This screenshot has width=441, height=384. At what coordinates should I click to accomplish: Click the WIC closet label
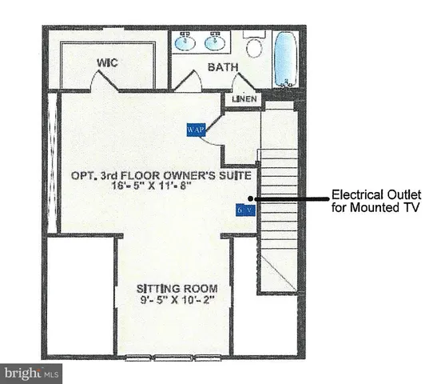coord(109,62)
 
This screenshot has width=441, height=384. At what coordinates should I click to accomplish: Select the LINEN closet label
coord(243,99)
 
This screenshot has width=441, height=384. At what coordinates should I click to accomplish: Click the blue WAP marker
coord(196,129)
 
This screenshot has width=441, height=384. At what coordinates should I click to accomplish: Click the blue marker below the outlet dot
coord(244,210)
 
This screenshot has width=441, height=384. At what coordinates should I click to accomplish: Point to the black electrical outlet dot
coord(252,198)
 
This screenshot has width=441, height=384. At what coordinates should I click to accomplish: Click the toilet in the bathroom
coord(255,46)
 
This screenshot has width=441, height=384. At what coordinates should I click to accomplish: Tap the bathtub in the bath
coord(284,58)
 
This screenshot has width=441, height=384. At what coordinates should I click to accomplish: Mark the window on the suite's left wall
coord(54,160)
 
